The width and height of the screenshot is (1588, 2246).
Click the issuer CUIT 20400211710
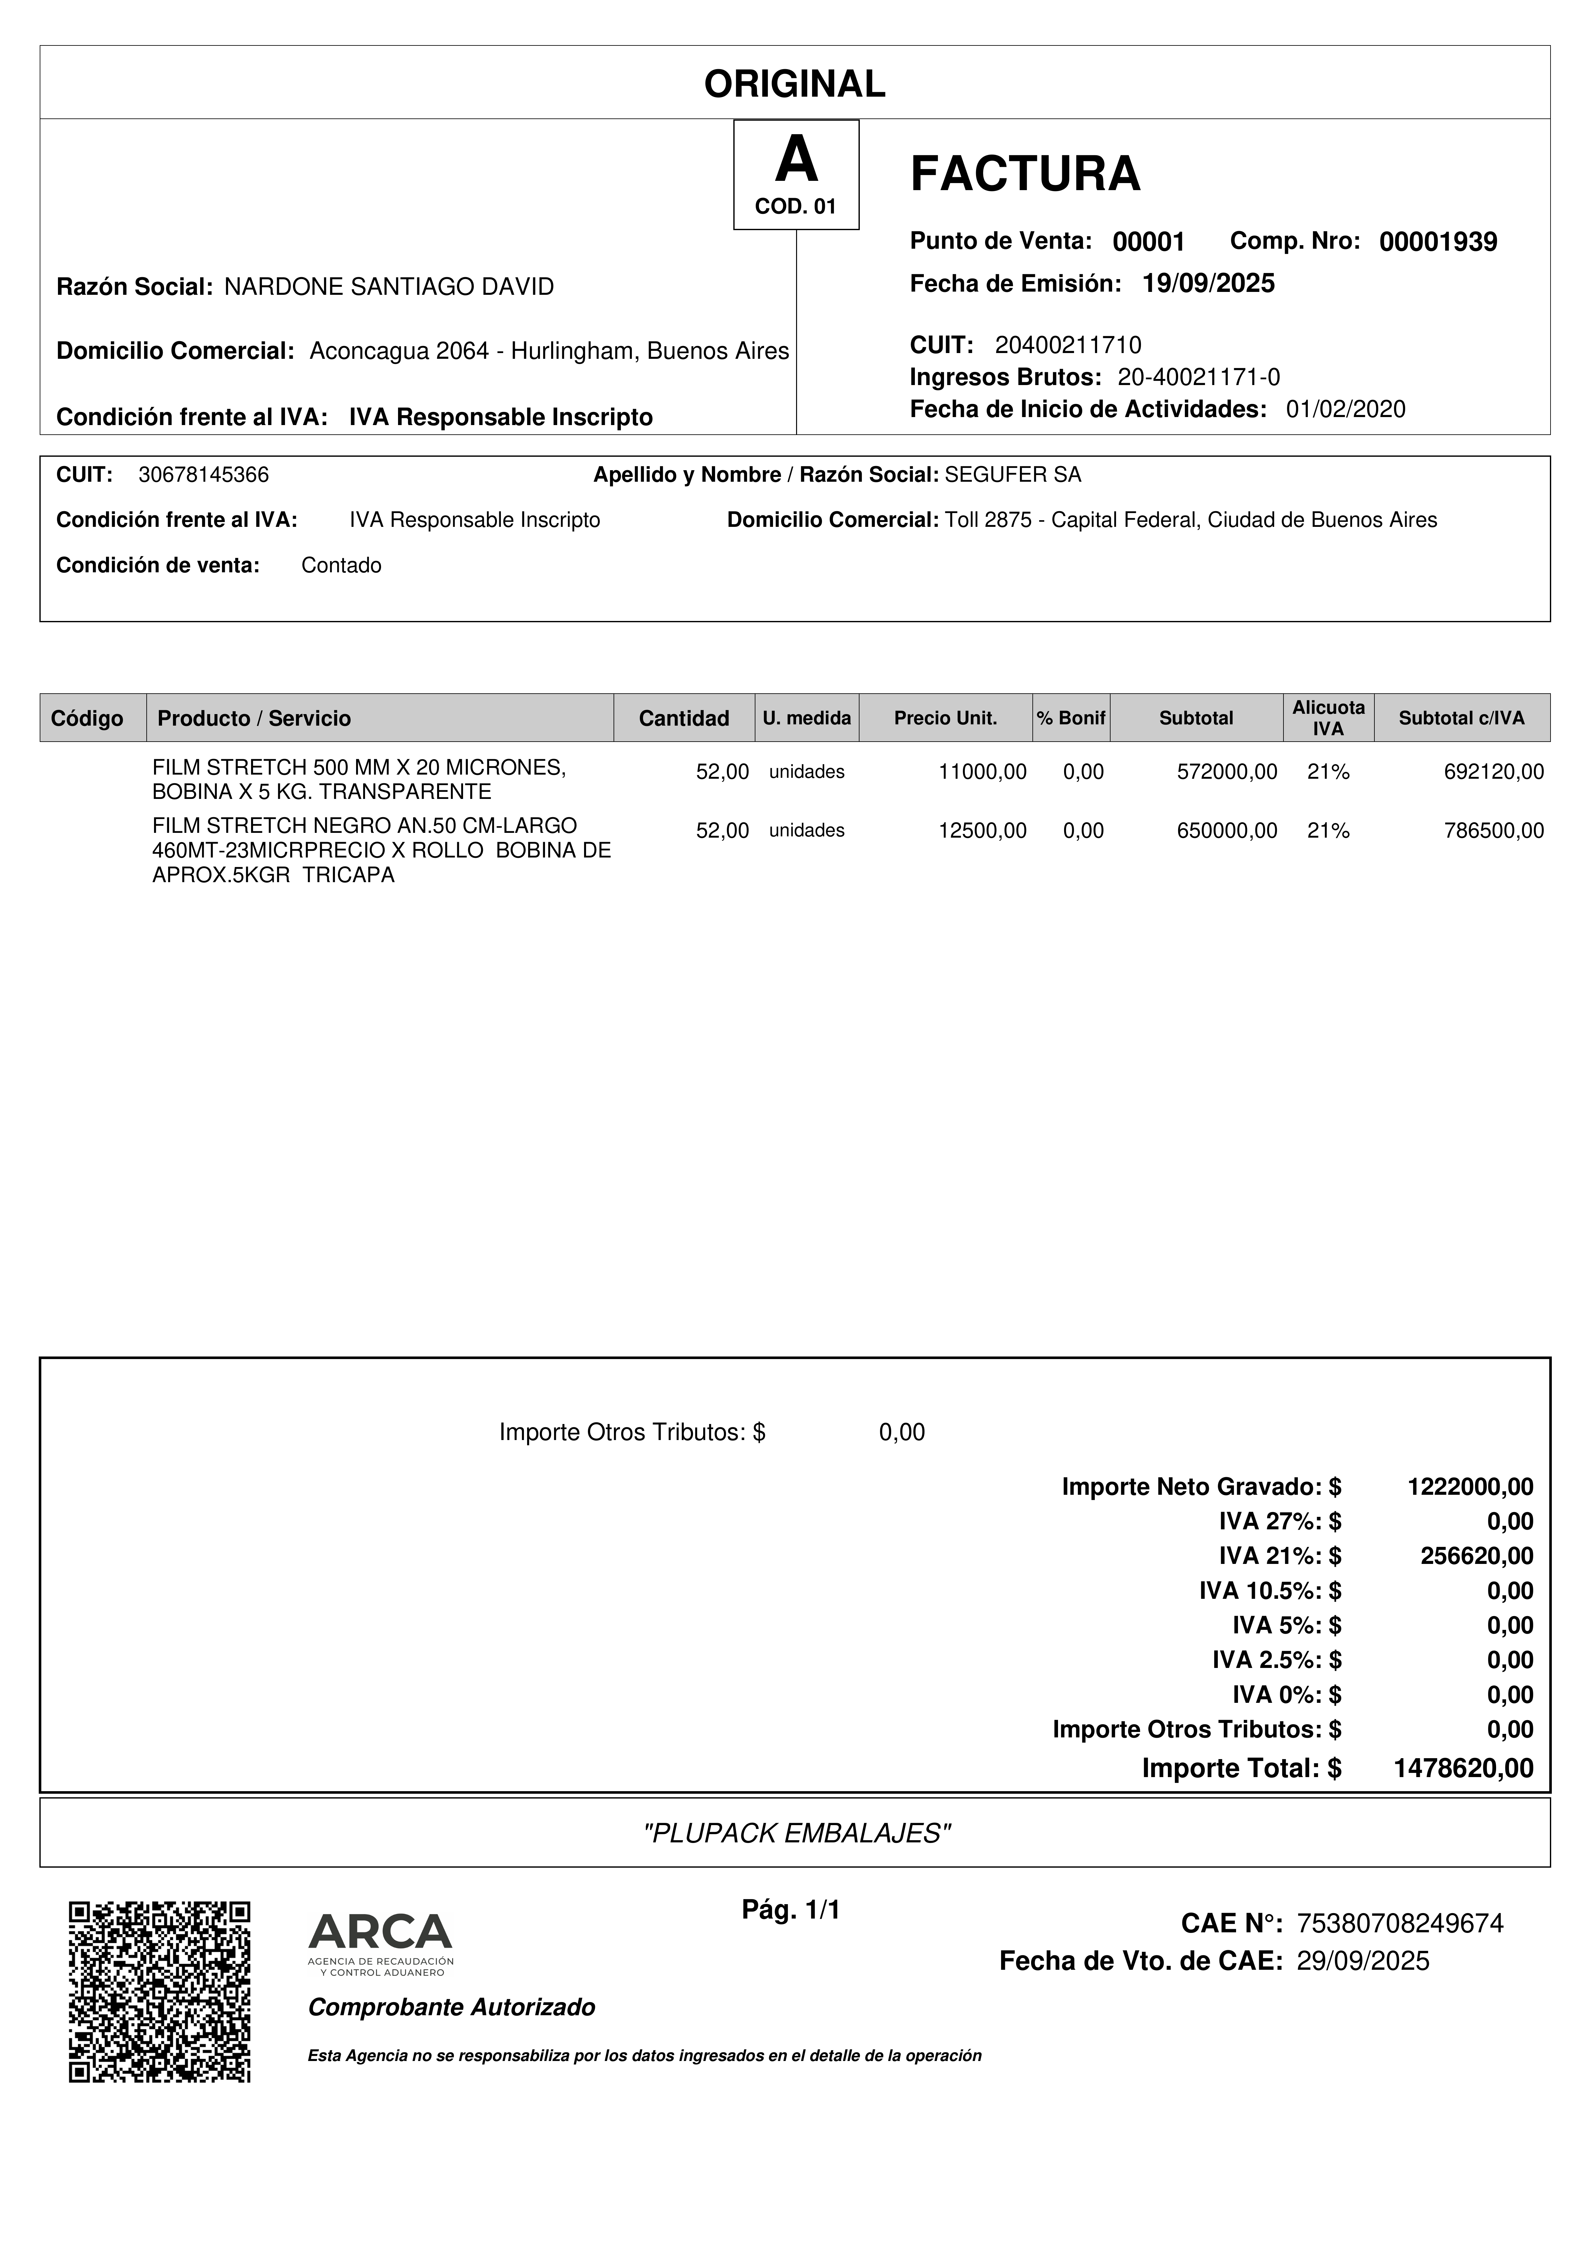(x=1067, y=344)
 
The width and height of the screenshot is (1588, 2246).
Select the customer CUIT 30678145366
(x=204, y=475)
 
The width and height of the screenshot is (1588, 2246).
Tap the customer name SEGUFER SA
(x=1013, y=475)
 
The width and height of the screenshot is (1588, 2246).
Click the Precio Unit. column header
(x=945, y=718)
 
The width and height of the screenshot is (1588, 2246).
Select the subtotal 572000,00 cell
(x=1227, y=772)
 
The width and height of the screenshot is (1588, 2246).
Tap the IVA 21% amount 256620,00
(x=1477, y=1555)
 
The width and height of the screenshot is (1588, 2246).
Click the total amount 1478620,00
(x=1463, y=1768)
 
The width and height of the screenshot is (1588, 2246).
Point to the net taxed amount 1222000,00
(x=1470, y=1487)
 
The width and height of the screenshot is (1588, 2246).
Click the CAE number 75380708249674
(x=1399, y=1923)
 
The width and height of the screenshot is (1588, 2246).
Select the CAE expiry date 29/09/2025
(x=1363, y=1960)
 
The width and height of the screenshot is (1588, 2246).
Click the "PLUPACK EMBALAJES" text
(x=795, y=1833)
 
